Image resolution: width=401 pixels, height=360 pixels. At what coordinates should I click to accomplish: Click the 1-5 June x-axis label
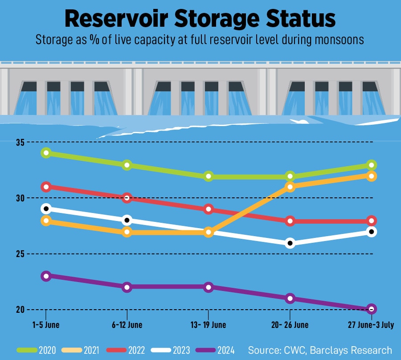pos(46,325)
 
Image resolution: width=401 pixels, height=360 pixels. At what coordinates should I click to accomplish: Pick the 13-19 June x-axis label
pos(209,325)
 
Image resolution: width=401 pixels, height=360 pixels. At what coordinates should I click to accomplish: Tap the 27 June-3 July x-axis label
pos(371,325)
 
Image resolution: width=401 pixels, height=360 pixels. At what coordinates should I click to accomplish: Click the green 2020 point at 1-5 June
pos(46,153)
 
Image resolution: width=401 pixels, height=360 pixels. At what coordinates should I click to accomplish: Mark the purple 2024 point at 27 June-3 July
pos(372,309)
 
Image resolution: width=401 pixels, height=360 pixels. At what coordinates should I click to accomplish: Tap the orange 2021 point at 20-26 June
pos(290,187)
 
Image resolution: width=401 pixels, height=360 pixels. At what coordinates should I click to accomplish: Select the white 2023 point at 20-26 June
pos(290,243)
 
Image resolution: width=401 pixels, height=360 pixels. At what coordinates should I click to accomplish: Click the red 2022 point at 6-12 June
pos(127,198)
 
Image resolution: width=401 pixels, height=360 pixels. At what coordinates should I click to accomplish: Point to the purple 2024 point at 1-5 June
pos(46,276)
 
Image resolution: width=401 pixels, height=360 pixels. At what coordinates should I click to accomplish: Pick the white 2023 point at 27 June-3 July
pos(372,232)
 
